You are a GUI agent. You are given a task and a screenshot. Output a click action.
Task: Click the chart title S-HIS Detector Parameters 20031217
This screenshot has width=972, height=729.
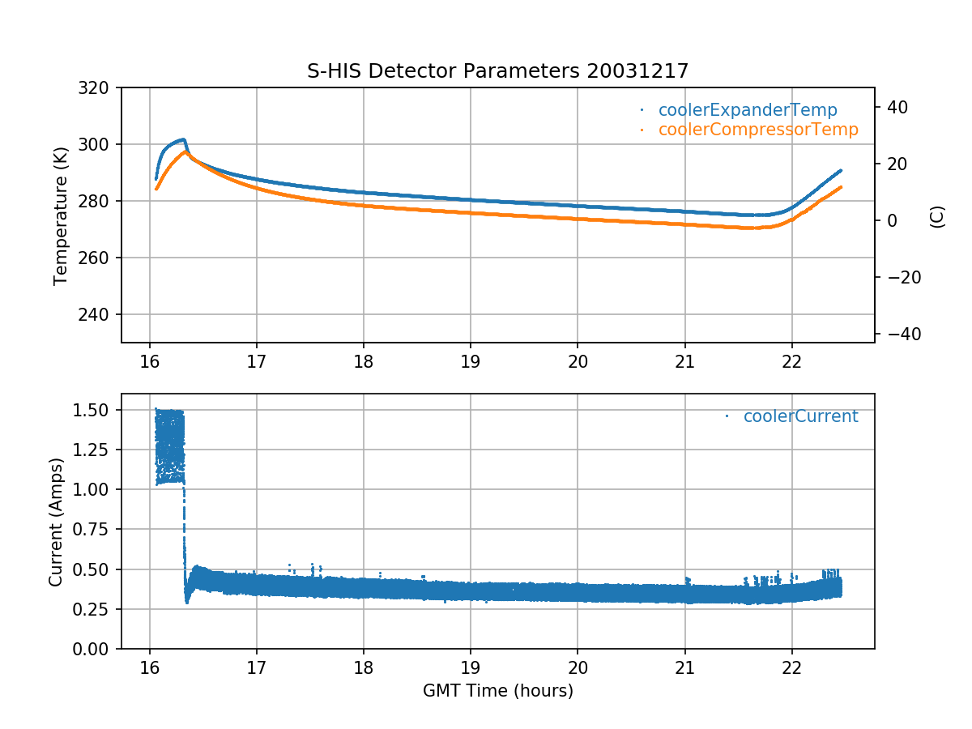pyautogui.click(x=497, y=71)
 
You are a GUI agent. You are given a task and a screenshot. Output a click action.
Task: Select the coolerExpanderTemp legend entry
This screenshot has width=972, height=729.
pyautogui.click(x=747, y=110)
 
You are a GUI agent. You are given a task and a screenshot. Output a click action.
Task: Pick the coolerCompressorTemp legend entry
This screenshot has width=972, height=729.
pyautogui.click(x=757, y=130)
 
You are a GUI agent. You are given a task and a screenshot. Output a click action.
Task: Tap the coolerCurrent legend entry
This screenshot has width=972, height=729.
pyautogui.click(x=799, y=416)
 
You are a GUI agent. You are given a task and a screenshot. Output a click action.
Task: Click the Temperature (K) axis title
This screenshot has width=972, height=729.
pyautogui.click(x=60, y=215)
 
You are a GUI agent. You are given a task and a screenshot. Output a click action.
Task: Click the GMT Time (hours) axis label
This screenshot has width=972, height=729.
pyautogui.click(x=497, y=691)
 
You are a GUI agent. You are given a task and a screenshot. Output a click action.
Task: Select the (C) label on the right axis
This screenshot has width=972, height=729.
pyautogui.click(x=937, y=216)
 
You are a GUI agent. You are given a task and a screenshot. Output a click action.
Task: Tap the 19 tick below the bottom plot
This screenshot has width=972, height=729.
pyautogui.click(x=471, y=667)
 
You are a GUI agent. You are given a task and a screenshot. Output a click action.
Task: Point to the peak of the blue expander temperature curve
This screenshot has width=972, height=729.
pyautogui.click(x=184, y=139)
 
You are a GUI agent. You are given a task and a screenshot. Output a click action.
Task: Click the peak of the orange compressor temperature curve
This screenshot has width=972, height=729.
pyautogui.click(x=185, y=151)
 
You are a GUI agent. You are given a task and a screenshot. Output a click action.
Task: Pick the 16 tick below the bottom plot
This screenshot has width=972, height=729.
pyautogui.click(x=150, y=667)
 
